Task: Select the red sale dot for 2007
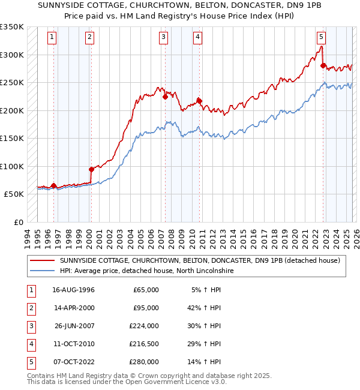point(164,97)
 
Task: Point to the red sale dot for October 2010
point(199,101)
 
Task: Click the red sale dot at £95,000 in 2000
point(91,169)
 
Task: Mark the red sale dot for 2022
point(323,65)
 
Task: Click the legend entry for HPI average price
point(146,271)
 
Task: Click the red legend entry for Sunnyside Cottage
point(200,260)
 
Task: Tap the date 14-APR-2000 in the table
point(74,308)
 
